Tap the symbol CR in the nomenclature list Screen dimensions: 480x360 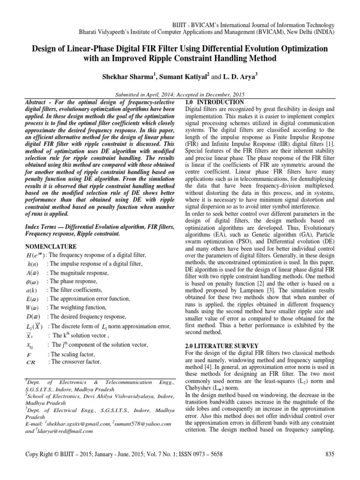tap(32, 362)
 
